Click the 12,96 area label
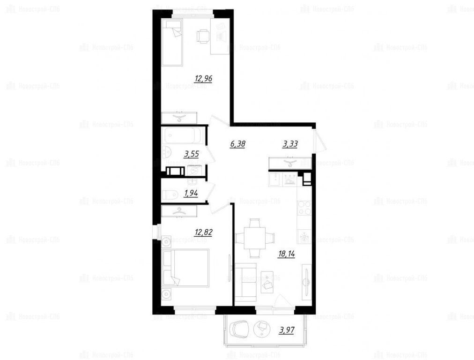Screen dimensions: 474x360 pos(203,79)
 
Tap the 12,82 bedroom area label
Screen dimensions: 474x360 pos(204,232)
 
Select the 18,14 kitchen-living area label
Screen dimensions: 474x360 pos(286,254)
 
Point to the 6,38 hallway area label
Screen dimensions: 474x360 pos(237,144)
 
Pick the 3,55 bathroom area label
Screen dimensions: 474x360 pos(192,154)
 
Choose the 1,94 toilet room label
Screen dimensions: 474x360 pos(191,193)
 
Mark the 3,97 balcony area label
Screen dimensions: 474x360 pos(287,330)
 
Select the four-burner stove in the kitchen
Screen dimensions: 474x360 pos(304,208)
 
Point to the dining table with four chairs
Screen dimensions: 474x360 pos(254,238)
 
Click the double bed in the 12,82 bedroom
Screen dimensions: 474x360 pos(185,268)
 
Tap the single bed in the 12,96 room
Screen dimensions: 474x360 pos(172,42)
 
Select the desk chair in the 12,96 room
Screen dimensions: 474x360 pos(202,36)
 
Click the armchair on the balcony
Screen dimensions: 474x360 pos(239,329)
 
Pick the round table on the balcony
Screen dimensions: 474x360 pos(262,329)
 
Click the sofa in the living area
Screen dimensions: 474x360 pos(245,282)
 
